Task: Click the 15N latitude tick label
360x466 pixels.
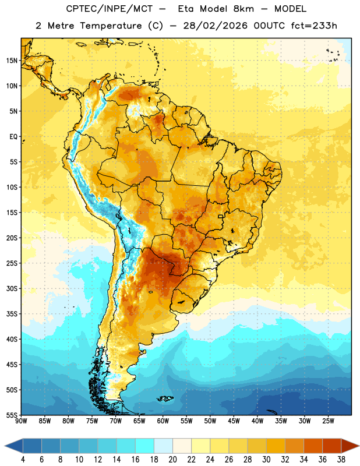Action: [12, 61]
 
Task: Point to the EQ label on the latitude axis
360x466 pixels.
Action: [13, 137]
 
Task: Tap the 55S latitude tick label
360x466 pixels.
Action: [12, 415]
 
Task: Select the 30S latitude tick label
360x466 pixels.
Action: [12, 288]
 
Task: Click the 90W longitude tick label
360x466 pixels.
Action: [21, 421]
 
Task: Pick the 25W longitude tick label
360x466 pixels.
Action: [328, 421]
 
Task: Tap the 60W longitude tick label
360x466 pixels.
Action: [163, 421]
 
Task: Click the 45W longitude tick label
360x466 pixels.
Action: [234, 421]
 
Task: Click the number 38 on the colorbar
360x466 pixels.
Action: [341, 460]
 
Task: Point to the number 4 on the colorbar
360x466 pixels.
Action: [23, 460]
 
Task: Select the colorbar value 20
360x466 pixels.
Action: [172, 460]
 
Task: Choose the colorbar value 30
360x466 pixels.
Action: [266, 460]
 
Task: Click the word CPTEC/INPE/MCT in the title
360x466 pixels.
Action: [109, 9]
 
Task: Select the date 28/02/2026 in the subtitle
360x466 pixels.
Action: [215, 26]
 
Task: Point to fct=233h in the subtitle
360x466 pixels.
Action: [314, 26]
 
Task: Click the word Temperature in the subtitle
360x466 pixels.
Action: [111, 26]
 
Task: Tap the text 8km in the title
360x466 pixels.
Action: [243, 9]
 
